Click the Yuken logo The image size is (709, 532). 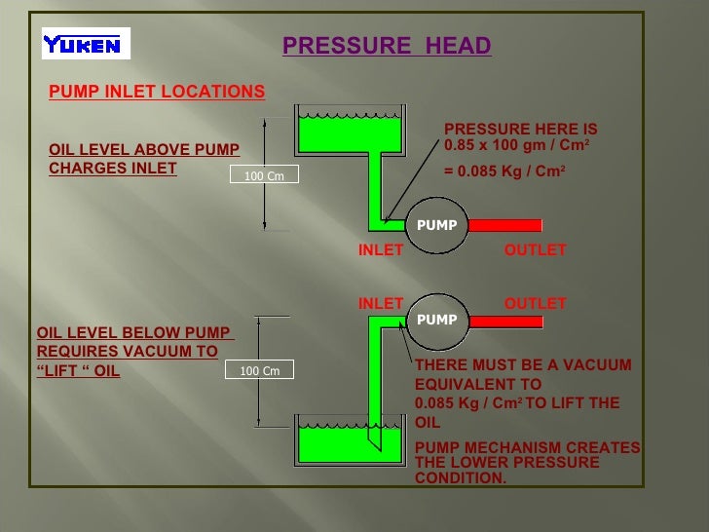(x=86, y=44)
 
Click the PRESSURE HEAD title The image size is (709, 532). (x=387, y=47)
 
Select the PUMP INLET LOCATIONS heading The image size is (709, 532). (x=157, y=92)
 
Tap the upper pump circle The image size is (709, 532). (x=436, y=225)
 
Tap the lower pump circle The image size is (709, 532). (x=436, y=320)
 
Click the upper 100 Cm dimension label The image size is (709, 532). (x=264, y=175)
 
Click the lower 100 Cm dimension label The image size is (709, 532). (x=259, y=370)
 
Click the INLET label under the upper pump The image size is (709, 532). (x=381, y=250)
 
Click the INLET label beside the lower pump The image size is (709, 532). (x=381, y=304)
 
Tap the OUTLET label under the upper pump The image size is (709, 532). (x=535, y=250)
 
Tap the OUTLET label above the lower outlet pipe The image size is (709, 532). (x=535, y=304)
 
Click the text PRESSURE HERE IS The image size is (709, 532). (x=520, y=130)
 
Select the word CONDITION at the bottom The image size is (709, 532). (x=461, y=477)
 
